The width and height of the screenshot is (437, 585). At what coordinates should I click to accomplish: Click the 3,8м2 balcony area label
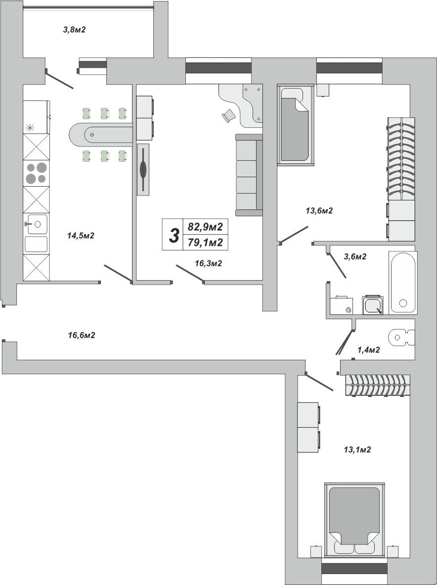point(75,30)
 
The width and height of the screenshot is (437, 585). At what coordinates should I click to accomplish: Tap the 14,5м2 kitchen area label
point(81,236)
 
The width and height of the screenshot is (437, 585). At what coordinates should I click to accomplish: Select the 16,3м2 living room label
point(209,263)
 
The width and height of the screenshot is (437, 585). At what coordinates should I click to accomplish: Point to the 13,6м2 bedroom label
point(319,211)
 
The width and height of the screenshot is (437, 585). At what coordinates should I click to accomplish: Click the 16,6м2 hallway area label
point(82,336)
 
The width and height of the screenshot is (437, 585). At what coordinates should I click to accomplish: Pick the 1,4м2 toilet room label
point(369,349)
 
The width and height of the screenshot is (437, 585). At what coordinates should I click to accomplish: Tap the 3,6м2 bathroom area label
point(355,256)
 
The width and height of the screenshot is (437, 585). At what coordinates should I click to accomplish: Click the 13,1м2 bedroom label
point(357,449)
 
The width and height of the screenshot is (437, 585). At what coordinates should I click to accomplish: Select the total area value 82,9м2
point(206,227)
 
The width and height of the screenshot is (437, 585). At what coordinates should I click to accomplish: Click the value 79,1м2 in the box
point(206,243)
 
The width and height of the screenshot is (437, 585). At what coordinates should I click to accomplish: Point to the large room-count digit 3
point(174,236)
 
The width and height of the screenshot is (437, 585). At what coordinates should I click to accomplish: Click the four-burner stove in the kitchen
point(36,174)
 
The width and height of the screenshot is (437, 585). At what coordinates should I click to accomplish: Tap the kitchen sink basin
point(37,224)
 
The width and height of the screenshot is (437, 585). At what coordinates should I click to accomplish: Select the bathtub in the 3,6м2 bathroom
point(403,283)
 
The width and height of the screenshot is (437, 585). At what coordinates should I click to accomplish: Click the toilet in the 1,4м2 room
point(401,337)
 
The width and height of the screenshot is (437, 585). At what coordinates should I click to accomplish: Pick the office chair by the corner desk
point(229,115)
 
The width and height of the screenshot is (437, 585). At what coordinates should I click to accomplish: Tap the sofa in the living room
point(249,175)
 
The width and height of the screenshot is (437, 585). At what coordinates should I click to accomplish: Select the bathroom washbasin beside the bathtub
point(373,305)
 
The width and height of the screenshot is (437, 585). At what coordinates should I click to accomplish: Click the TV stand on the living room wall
point(143,169)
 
